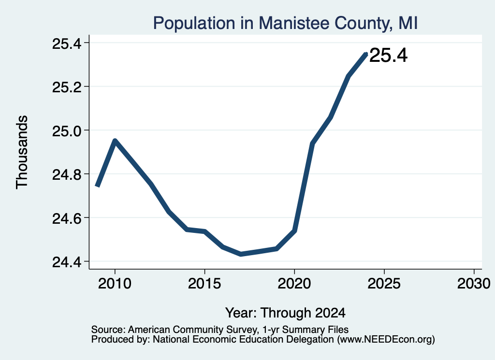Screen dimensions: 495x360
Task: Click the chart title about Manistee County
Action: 285,23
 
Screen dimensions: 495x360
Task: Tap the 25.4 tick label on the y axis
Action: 67,43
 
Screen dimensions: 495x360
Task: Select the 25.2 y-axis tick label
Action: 67,87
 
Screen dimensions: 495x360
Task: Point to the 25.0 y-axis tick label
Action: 67,131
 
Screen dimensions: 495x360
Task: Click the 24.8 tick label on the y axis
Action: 67,174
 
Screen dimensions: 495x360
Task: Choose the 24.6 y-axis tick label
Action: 67,218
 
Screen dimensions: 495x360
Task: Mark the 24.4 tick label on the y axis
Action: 67,262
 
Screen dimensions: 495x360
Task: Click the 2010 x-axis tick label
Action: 115,284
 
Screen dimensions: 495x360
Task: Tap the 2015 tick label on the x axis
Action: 204,284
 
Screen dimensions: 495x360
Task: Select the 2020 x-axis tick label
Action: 294,284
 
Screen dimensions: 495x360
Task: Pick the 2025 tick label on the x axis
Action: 384,284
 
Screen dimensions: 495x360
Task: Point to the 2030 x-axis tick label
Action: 474,284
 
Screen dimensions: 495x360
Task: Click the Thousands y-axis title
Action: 22,152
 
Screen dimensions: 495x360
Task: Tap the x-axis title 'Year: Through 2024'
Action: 285,313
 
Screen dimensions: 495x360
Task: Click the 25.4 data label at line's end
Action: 388,55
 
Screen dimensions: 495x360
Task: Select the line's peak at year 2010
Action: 115,141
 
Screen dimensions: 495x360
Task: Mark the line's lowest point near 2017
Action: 241,254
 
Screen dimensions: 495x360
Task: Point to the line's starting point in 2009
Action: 97,186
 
